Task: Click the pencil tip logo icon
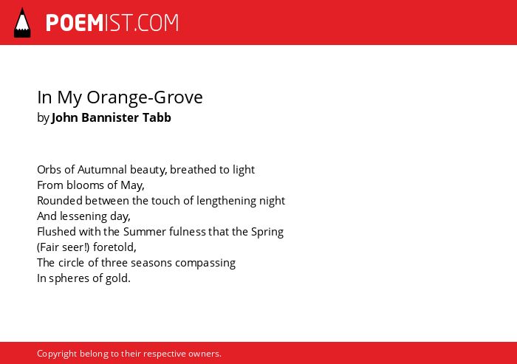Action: [x=22, y=23]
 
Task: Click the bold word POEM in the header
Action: [x=75, y=23]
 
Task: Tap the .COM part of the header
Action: [x=157, y=23]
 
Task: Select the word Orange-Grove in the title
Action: [x=145, y=97]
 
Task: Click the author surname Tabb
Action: [x=157, y=117]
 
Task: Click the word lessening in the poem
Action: [x=83, y=216]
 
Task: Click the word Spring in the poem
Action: [x=267, y=232]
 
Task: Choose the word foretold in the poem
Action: [x=114, y=247]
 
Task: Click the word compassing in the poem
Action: [x=205, y=263]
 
